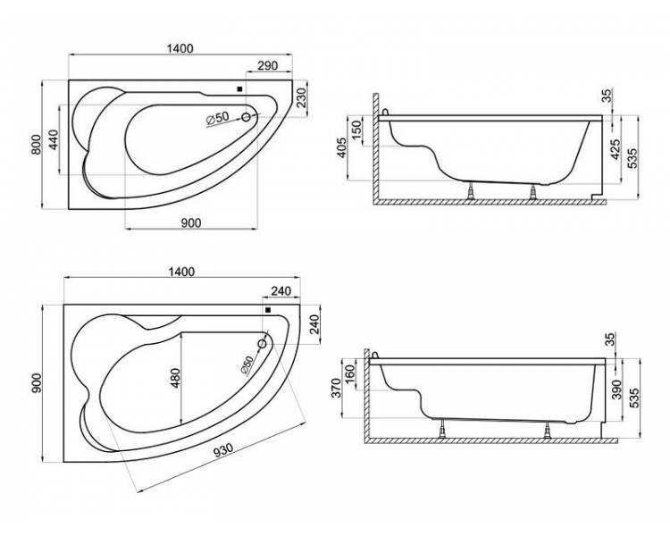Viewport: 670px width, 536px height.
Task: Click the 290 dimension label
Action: [268, 65]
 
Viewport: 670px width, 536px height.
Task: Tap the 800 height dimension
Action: [37, 145]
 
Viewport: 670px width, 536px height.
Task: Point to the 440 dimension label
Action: [54, 139]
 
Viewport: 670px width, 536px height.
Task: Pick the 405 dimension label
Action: [342, 148]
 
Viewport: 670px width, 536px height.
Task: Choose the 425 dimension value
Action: [615, 149]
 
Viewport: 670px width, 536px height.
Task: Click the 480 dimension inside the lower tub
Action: [176, 378]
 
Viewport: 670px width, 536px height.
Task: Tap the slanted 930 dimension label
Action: [223, 450]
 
